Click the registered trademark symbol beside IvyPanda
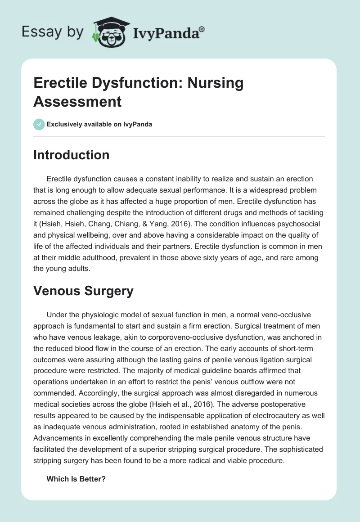[202, 28]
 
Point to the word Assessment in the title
[77, 101]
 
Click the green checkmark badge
[39, 124]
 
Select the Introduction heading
[72, 155]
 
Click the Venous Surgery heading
[83, 291]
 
